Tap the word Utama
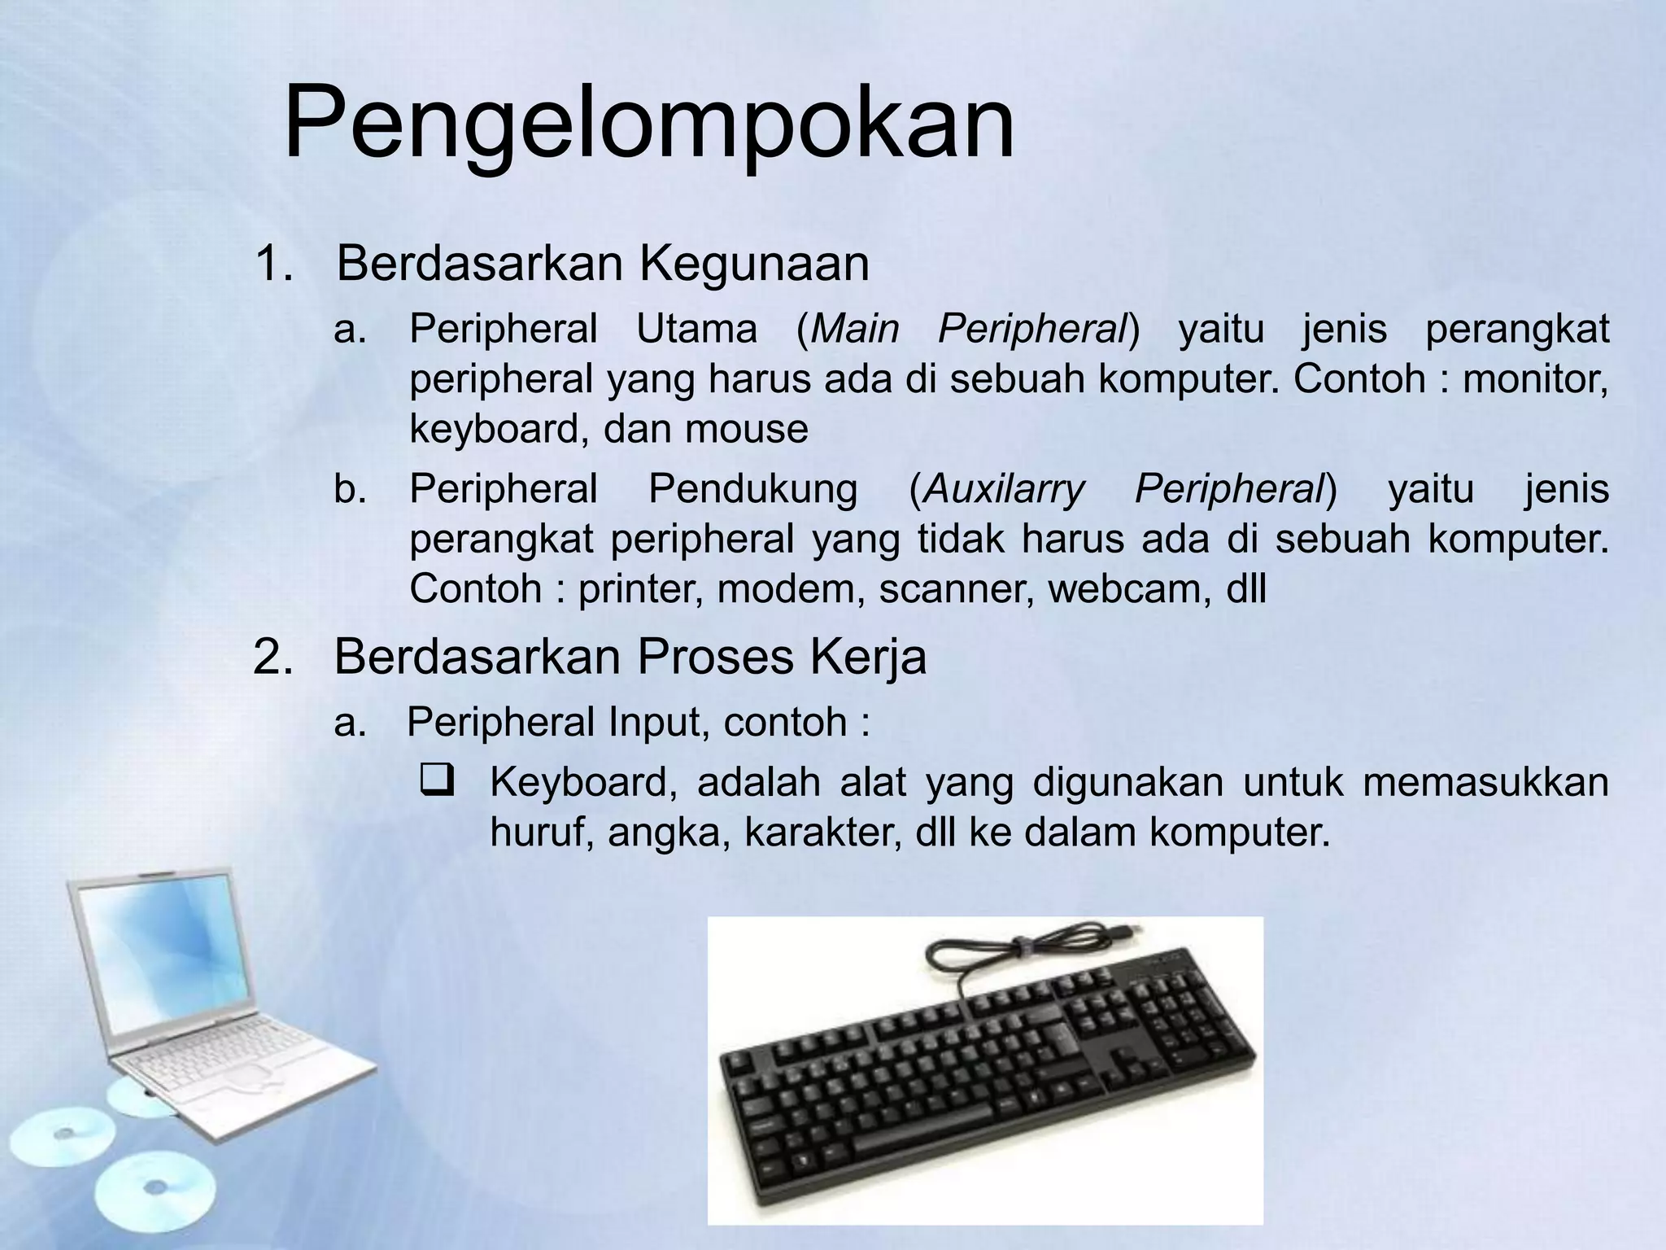click(x=696, y=330)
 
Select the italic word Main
click(x=854, y=330)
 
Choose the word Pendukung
click(x=752, y=489)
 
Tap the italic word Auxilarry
click(x=1004, y=489)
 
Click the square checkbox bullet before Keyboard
click(x=437, y=782)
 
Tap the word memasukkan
click(x=1485, y=782)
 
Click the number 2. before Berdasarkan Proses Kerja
click(x=273, y=657)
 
